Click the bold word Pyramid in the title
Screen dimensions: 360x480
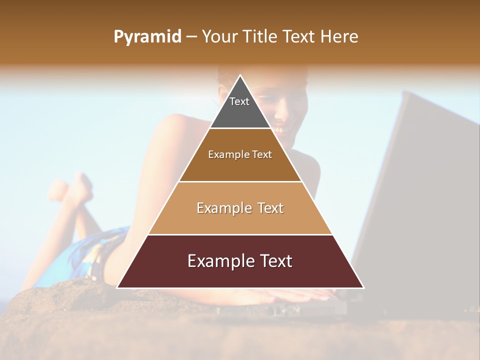point(147,37)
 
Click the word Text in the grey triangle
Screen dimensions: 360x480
point(239,101)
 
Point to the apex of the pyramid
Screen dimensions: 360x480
point(240,76)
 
